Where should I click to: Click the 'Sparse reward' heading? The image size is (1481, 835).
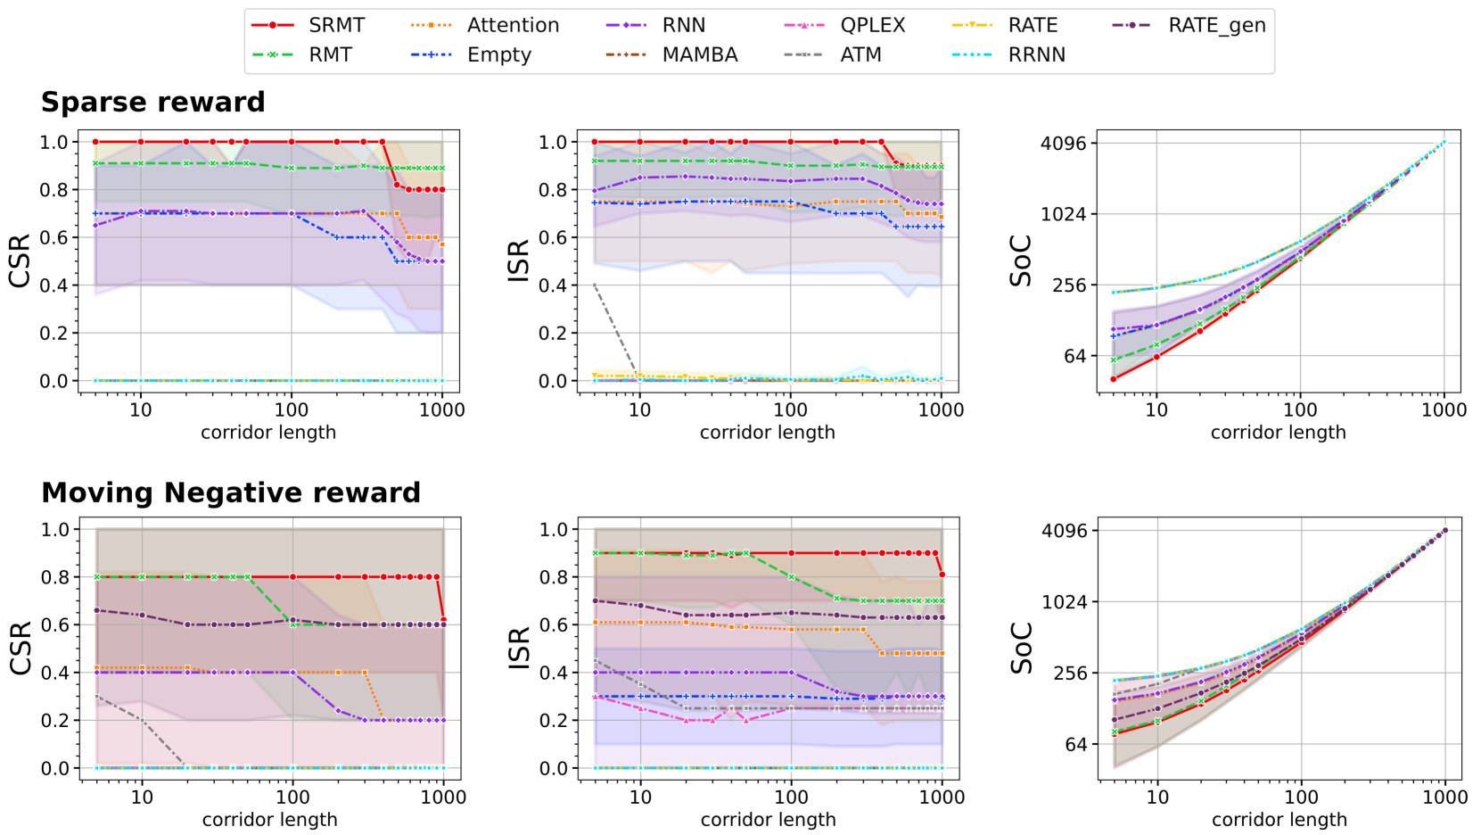point(153,103)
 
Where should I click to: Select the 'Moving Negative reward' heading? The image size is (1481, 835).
point(231,492)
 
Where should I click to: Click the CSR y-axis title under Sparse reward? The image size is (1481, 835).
point(20,260)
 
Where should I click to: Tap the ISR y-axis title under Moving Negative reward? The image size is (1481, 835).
point(518,648)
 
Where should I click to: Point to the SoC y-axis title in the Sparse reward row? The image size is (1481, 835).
point(1020,260)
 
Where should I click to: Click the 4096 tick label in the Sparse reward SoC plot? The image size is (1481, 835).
point(1064,143)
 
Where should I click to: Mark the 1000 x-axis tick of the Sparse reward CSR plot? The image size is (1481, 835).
point(441,410)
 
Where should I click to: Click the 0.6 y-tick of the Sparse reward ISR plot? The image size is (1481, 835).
point(553,237)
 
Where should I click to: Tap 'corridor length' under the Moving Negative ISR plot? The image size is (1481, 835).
point(768,819)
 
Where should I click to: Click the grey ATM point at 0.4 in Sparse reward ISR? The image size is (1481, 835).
point(595,285)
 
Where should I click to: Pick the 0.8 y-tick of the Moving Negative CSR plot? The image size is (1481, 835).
point(54,577)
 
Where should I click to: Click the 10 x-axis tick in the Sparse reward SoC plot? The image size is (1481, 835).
point(1156,410)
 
